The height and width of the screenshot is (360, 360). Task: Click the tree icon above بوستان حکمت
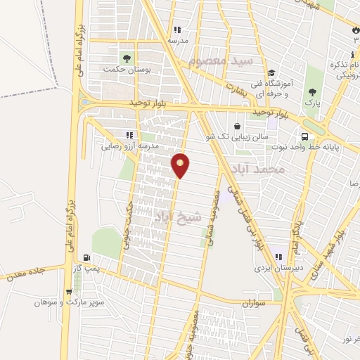pos(127,58)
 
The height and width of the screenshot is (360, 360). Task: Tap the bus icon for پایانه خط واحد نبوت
pos(304,136)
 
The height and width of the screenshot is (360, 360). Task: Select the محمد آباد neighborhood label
pos(260,169)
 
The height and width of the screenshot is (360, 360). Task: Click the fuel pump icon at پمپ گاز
pos(86,258)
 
